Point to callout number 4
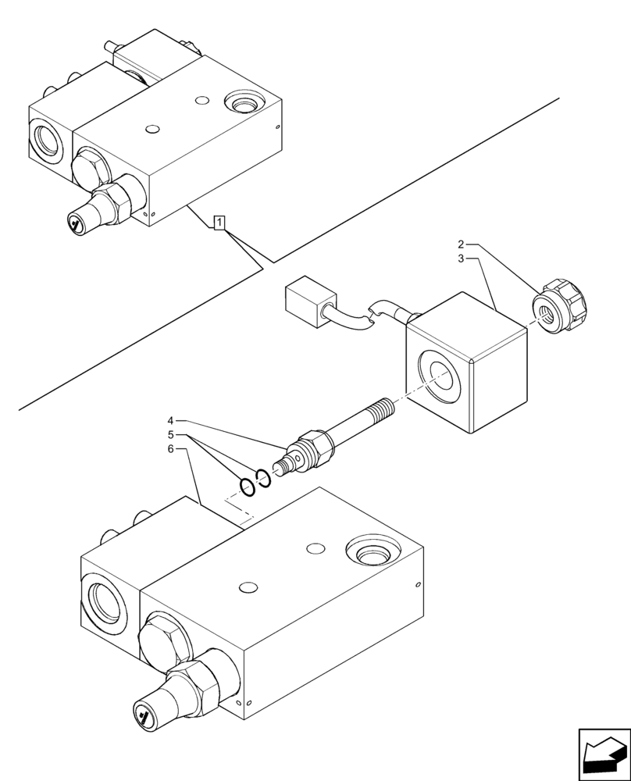pyautogui.click(x=170, y=421)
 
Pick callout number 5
pyautogui.click(x=170, y=435)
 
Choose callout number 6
pyautogui.click(x=170, y=449)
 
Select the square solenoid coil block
pyautogui.click(x=465, y=363)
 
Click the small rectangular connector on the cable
pyautogui.click(x=306, y=303)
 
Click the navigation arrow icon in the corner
pyautogui.click(x=604, y=754)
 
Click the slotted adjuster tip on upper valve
pyautogui.click(x=75, y=225)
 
